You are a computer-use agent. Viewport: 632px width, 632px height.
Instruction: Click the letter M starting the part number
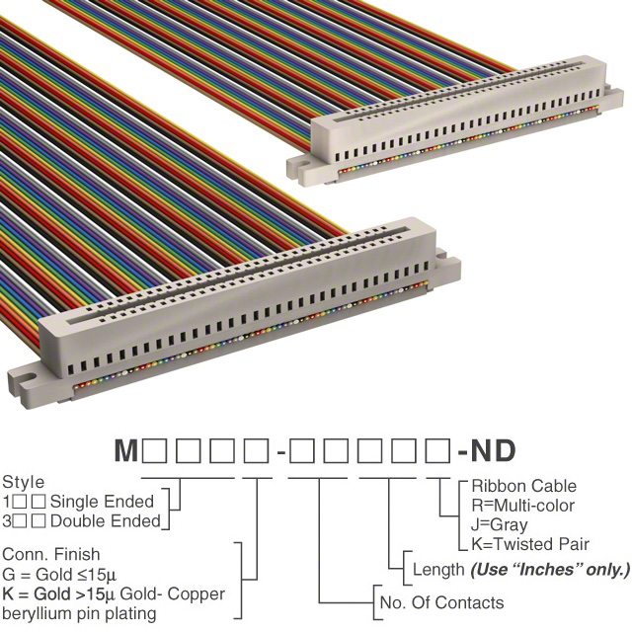click(x=126, y=450)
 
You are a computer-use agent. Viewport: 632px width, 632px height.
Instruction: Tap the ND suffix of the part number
click(x=493, y=450)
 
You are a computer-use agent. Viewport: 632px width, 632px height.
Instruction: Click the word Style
click(x=24, y=482)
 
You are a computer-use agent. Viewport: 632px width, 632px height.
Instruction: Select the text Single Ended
click(x=102, y=502)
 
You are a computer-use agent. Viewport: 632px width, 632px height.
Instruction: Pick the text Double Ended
click(x=106, y=521)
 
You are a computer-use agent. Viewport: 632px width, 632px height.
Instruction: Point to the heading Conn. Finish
click(x=51, y=554)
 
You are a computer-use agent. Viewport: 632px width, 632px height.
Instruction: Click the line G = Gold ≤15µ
click(x=59, y=574)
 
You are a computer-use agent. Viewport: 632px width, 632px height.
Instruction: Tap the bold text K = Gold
click(x=37, y=593)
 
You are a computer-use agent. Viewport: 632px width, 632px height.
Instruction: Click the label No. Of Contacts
click(x=441, y=602)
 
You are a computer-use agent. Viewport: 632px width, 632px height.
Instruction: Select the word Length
click(x=438, y=570)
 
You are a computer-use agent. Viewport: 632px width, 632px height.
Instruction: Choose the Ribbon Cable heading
click(x=524, y=486)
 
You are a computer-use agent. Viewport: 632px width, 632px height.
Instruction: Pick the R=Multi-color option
click(x=522, y=506)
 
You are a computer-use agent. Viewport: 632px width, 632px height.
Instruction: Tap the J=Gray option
click(x=500, y=524)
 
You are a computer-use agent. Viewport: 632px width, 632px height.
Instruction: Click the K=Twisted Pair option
click(x=530, y=544)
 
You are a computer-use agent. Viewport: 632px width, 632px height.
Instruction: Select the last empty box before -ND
click(x=438, y=451)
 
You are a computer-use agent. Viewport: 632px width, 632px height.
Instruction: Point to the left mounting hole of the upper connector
click(x=305, y=165)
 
